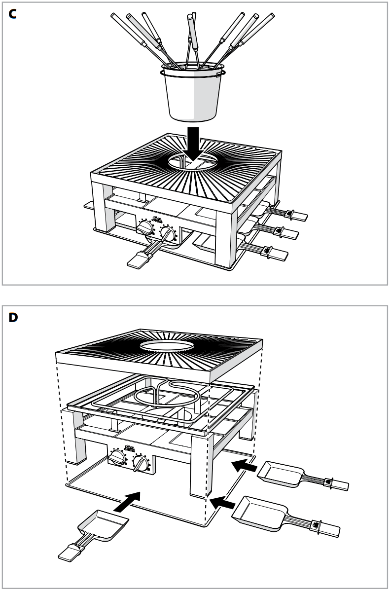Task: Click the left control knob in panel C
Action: pyautogui.click(x=145, y=228)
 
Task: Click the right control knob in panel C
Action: pyautogui.click(x=169, y=234)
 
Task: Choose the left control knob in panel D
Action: pyautogui.click(x=117, y=457)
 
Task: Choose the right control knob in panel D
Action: pyautogui.click(x=142, y=463)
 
